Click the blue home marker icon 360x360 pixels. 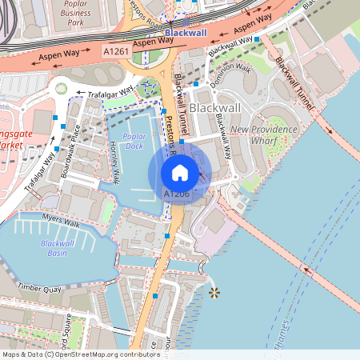click(180, 172)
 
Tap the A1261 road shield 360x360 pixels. click(116, 50)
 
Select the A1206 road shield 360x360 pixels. click(176, 194)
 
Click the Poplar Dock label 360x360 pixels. click(139, 141)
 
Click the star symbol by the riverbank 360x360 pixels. click(214, 293)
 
